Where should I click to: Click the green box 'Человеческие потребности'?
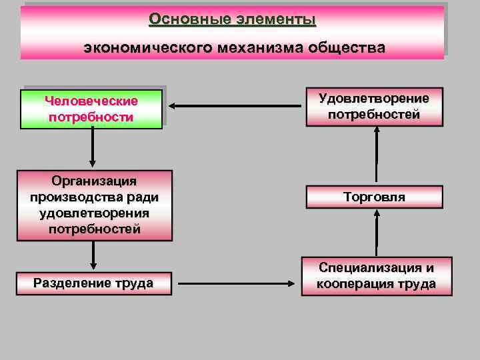tap(92, 109)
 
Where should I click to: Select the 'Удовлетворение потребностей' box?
tap(374, 107)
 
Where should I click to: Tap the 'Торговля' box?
tap(374, 197)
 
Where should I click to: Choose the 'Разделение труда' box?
tap(93, 283)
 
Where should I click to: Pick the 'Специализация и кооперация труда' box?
tap(377, 276)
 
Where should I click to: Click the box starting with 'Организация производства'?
tap(93, 205)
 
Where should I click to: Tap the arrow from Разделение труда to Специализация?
tap(237, 283)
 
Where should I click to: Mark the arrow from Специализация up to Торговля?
tap(377, 233)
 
